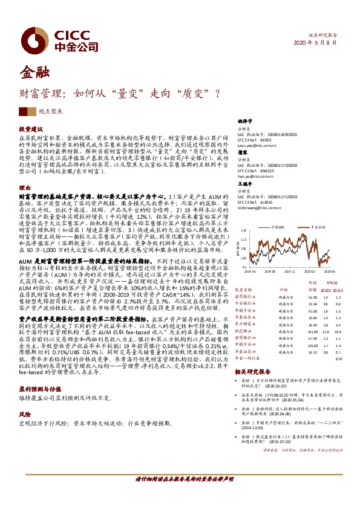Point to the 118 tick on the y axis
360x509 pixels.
(244, 231)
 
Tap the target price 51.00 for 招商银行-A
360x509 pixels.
(312, 297)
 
